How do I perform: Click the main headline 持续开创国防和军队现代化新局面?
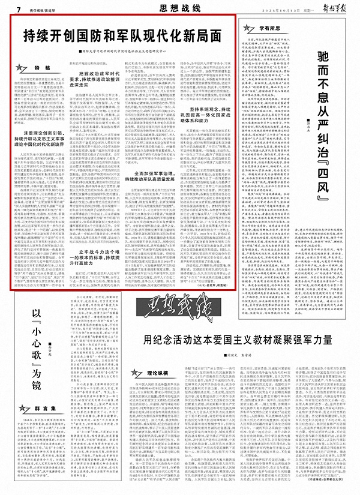coord(123,34)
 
